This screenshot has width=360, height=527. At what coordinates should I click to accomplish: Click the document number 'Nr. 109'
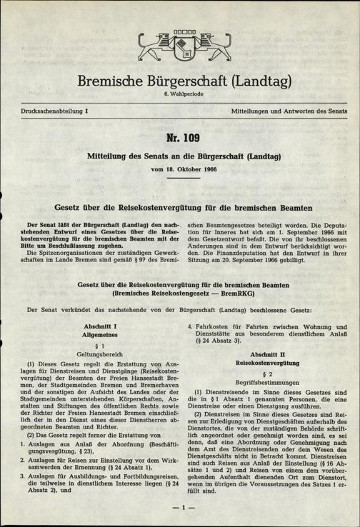pos(180,138)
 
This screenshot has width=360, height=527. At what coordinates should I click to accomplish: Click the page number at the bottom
pos(180,508)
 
